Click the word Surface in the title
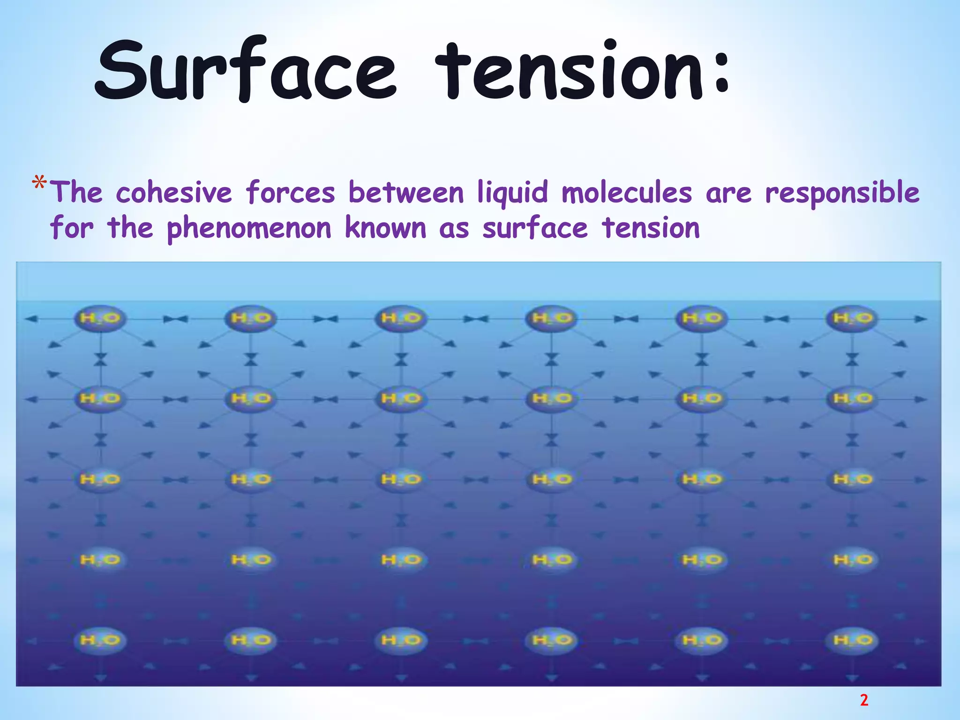pos(246,70)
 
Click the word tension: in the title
pos(581,70)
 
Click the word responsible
pos(842,193)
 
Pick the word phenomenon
pos(249,228)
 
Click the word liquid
pos(513,193)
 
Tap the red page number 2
pos(864,700)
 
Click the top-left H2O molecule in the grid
pos(100,319)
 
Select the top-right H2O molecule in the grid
pos(853,319)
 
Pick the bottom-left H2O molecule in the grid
pos(100,640)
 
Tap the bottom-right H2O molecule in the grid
pos(853,640)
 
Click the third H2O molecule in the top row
pos(401,319)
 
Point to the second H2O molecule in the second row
pos(251,399)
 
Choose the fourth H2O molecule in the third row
pos(552,480)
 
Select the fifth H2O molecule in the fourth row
pos(702,560)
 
